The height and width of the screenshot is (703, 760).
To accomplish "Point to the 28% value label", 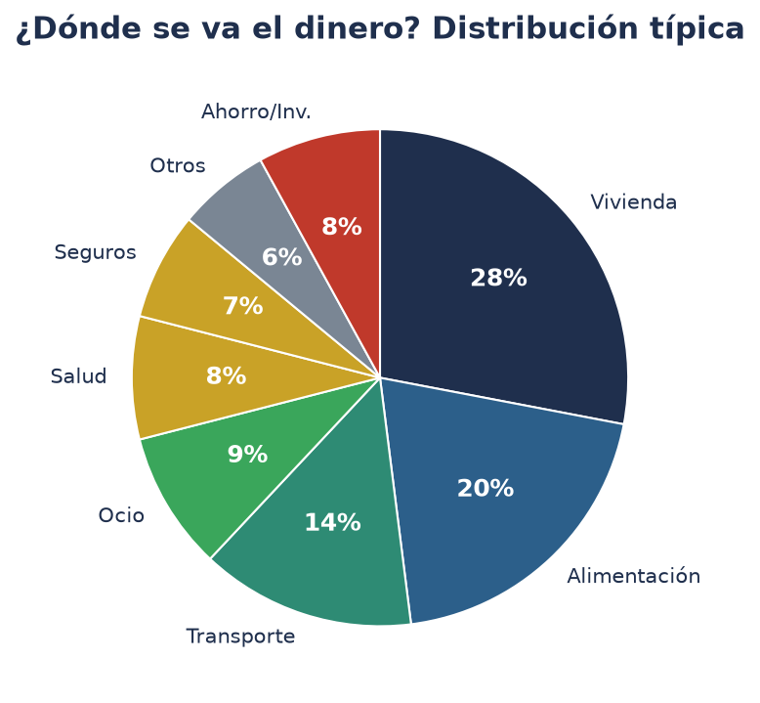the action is coord(498,278).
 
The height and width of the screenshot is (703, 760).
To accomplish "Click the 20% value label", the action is coord(486,488).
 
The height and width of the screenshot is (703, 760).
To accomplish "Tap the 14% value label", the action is coord(332,523).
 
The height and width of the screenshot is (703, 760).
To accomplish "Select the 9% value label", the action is coord(247,455).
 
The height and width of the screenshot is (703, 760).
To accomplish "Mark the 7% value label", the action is coord(243,306).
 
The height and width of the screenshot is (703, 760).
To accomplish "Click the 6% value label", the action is coord(281,256).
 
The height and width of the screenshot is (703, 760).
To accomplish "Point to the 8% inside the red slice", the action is coord(342,227).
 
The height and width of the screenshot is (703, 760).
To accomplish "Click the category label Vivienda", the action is coord(633,202).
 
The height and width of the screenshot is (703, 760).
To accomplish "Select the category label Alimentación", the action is coord(633,576).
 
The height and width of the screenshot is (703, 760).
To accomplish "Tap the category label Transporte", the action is coord(240,637).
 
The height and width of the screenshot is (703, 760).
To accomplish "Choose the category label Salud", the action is coord(78,376).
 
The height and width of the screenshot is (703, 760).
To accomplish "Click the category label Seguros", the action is coord(95,253).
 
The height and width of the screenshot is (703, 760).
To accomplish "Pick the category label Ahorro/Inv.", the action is coord(256,111).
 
